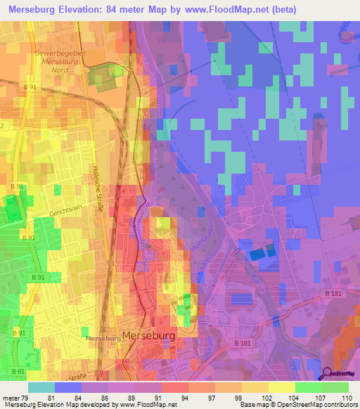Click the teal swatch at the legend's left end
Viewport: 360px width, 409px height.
tap(41, 387)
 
